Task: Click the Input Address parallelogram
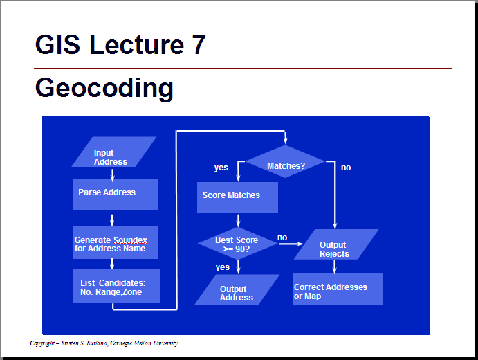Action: tap(114, 152)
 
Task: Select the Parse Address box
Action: tap(116, 195)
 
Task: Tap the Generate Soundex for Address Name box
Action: tap(116, 242)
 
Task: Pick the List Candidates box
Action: tap(116, 286)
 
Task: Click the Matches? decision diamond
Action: tap(285, 161)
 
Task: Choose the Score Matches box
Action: tap(237, 197)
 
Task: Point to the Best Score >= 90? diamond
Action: tap(238, 244)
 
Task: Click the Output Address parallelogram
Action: tap(237, 289)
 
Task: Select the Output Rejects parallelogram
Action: tap(336, 244)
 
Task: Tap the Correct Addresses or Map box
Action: tap(338, 289)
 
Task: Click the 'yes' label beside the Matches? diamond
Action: tap(221, 168)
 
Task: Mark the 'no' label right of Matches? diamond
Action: tap(346, 168)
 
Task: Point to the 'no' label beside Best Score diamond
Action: tap(282, 237)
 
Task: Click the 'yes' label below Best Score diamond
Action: tap(223, 267)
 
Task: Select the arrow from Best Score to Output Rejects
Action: tap(291, 244)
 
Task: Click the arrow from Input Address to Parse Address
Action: tap(113, 175)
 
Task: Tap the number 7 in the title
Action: tap(199, 44)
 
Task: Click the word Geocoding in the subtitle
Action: tap(104, 88)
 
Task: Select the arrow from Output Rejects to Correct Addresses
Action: tap(335, 267)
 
